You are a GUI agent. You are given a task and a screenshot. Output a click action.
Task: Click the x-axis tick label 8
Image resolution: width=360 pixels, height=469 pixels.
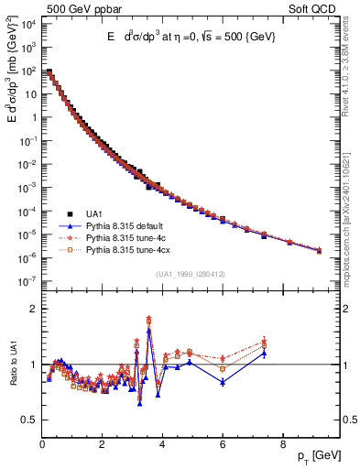[282, 444]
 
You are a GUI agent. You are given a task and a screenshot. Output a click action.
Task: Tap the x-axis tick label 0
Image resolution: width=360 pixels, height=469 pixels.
[42, 444]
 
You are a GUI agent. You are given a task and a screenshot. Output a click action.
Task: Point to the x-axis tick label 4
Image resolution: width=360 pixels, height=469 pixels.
[162, 444]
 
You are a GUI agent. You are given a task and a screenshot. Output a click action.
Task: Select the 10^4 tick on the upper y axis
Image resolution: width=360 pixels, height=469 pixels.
[28, 24]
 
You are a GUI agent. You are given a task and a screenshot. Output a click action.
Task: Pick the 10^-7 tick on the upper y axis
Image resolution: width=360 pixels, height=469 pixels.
[28, 282]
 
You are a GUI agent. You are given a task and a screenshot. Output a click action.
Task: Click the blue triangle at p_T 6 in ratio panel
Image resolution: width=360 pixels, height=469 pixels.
[222, 382]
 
